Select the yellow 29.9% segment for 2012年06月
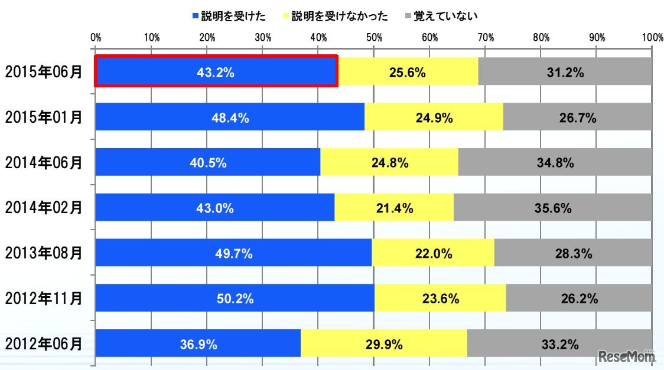click(383, 343)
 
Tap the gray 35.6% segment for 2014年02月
click(552, 208)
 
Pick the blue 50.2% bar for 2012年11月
click(235, 299)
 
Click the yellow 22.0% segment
click(433, 254)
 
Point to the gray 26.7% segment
click(577, 118)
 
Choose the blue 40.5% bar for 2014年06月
click(207, 163)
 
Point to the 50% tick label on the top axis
click(374, 38)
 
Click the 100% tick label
click(652, 38)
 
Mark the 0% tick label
click(96, 38)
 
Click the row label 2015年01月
click(43, 118)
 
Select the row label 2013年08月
click(43, 254)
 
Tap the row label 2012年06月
click(43, 343)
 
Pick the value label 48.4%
click(230, 118)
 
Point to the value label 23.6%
click(440, 299)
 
